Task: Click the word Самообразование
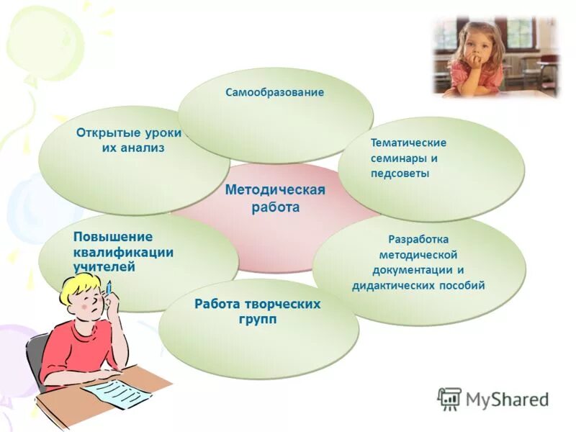click(x=274, y=93)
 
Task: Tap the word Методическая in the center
click(x=275, y=190)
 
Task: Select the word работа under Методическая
click(x=274, y=207)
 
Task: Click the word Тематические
click(x=408, y=143)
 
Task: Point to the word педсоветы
click(x=400, y=174)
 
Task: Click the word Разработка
click(x=418, y=239)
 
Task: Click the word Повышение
click(x=112, y=237)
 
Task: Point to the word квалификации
click(x=123, y=252)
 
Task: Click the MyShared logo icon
click(x=449, y=398)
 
